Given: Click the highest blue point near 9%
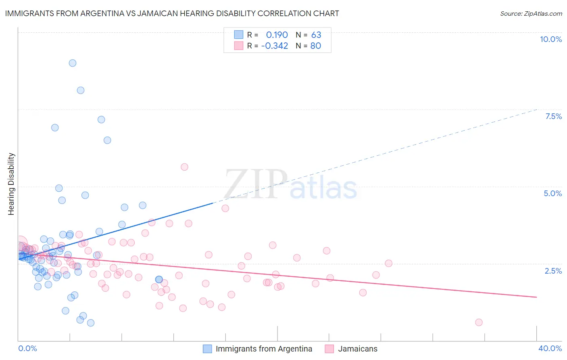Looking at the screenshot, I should pos(73,63).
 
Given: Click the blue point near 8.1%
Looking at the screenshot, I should pos(81,90).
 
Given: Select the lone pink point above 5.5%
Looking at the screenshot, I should pos(184,167).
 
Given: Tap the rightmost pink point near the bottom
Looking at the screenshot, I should pos(479,322).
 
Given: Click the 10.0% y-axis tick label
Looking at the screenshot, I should pos(550,39).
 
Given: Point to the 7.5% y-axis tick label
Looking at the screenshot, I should pos(553,116).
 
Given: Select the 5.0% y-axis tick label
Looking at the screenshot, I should pos(552,193).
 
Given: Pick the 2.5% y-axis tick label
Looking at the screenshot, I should pos(553,271).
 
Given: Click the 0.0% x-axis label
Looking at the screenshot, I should pos(27,348).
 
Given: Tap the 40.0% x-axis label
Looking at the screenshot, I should pos(550,348).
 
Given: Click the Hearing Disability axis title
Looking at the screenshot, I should pos(11,184).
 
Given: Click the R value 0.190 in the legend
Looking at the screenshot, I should pos(277,35).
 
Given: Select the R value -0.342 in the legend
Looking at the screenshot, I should pos(274,46).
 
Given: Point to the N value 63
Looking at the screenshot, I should pos(316,35).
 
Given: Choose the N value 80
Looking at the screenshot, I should pos(316,46).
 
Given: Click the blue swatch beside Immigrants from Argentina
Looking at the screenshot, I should pos(207,349).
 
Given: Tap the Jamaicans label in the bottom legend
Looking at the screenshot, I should pos(358,349).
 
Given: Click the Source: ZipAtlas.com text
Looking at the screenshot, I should pos(531,14).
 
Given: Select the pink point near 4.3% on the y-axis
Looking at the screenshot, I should pos(225,208).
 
